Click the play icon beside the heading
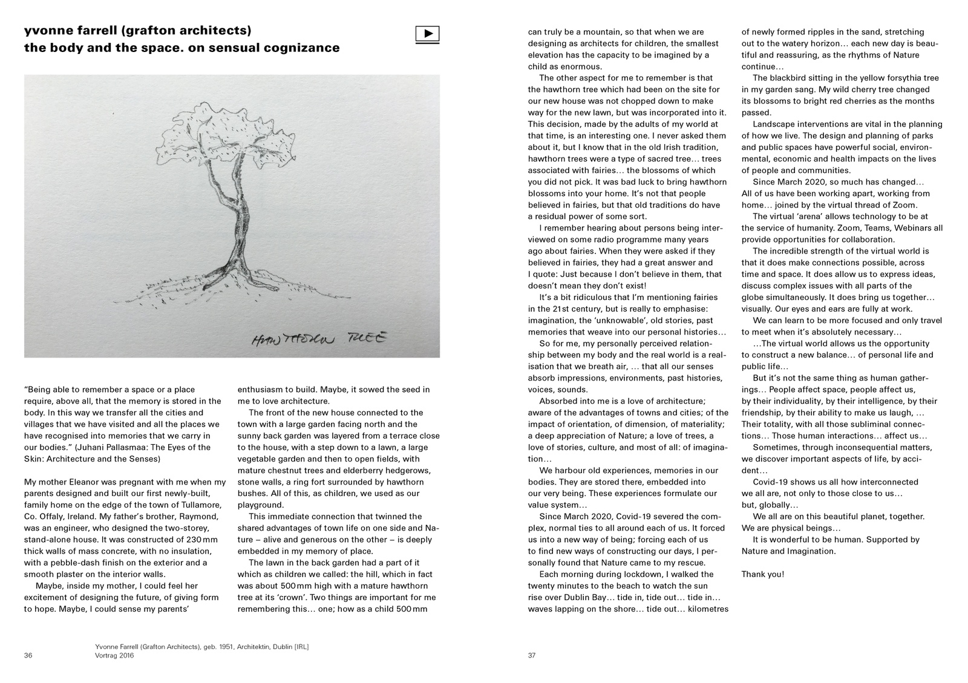(x=427, y=34)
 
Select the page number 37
(x=532, y=655)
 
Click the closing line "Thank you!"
(x=762, y=574)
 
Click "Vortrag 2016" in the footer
(x=115, y=656)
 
